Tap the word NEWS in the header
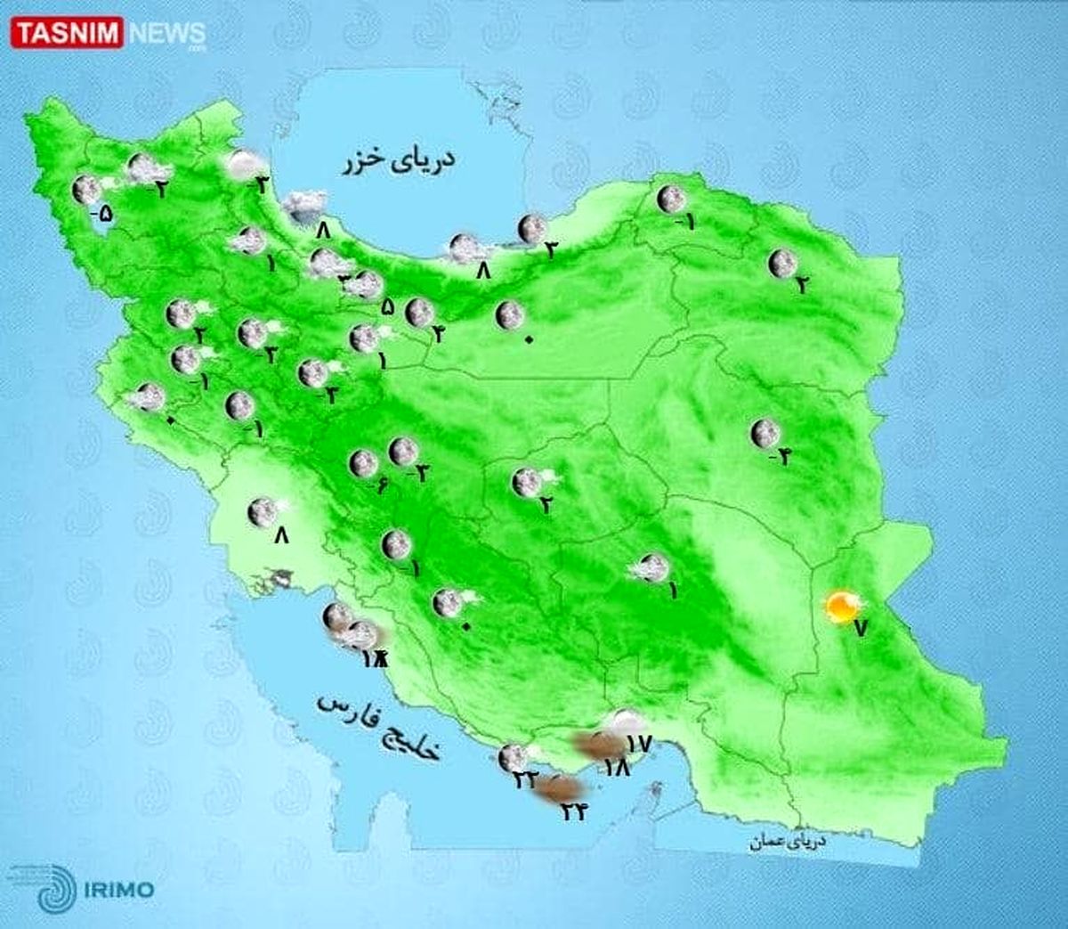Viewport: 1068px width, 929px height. (x=167, y=34)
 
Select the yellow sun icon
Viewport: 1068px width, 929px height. (x=839, y=607)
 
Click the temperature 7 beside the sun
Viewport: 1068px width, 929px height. (x=859, y=627)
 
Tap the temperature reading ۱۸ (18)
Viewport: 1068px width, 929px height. (x=616, y=765)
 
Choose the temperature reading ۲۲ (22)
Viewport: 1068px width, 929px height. (x=524, y=779)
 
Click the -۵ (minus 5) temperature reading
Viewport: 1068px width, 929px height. (x=102, y=214)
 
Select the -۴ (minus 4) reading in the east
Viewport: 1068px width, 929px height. (x=781, y=458)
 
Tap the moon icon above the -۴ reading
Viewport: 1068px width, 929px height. (x=763, y=434)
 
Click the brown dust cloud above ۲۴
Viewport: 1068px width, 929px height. (x=562, y=787)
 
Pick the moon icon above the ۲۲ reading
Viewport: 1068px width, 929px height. (x=512, y=757)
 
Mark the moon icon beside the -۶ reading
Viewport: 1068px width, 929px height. (x=362, y=463)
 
